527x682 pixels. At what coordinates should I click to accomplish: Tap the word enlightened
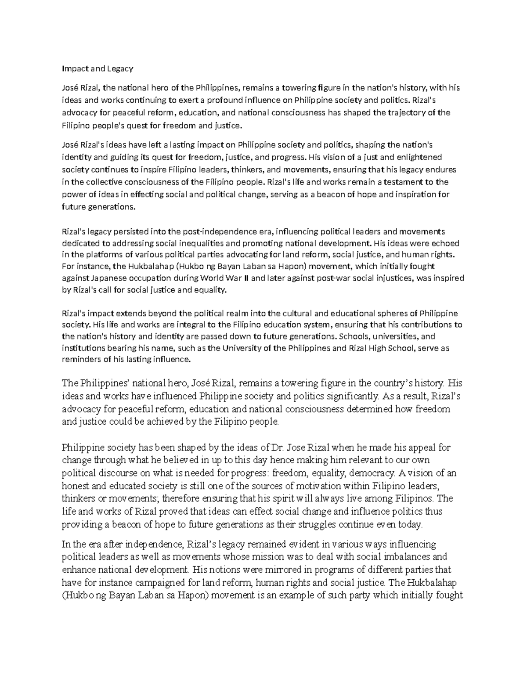421,157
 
